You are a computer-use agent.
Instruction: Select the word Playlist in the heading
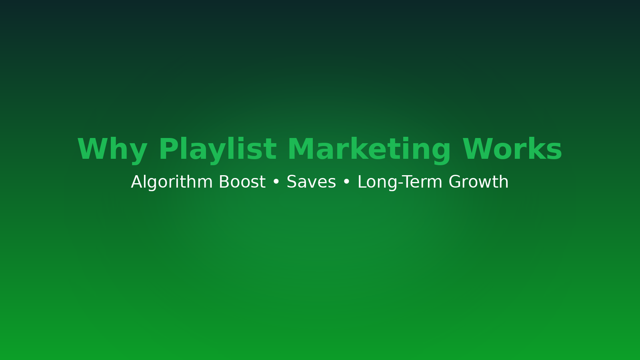[218, 150]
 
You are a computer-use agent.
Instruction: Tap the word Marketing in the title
[369, 150]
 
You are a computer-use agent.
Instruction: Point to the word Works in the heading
[512, 149]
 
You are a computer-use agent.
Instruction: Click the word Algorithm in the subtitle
[172, 182]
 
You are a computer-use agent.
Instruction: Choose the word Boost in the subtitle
[242, 182]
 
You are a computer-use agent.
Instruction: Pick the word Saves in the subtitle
[311, 182]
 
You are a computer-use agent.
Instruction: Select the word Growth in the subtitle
[478, 182]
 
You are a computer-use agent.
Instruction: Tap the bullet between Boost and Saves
[276, 182]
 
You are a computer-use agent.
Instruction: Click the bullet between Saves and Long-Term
[346, 182]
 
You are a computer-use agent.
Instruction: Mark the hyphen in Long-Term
[400, 183]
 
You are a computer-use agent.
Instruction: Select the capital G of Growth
[455, 182]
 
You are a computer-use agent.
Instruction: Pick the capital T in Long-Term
[408, 182]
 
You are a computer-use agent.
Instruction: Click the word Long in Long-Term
[377, 182]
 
